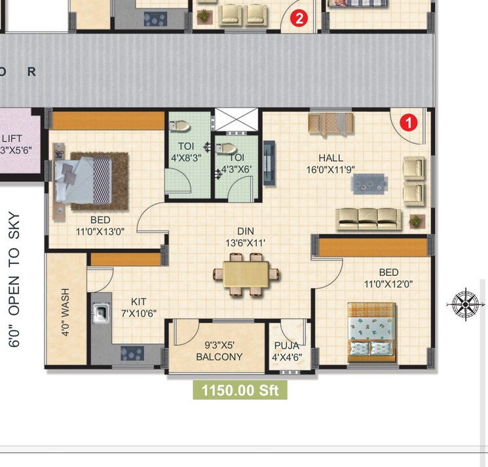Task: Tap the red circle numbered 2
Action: [x=299, y=18]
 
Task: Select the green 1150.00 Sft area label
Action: [x=240, y=391]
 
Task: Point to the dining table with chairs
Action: [x=246, y=274]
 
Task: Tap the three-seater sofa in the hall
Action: [x=368, y=219]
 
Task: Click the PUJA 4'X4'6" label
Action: [x=286, y=351]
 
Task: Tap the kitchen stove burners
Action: [x=132, y=354]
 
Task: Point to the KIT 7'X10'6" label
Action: [x=138, y=307]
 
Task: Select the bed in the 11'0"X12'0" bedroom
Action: [x=371, y=331]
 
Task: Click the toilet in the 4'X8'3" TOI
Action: [x=181, y=126]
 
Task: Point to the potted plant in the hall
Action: [x=415, y=221]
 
